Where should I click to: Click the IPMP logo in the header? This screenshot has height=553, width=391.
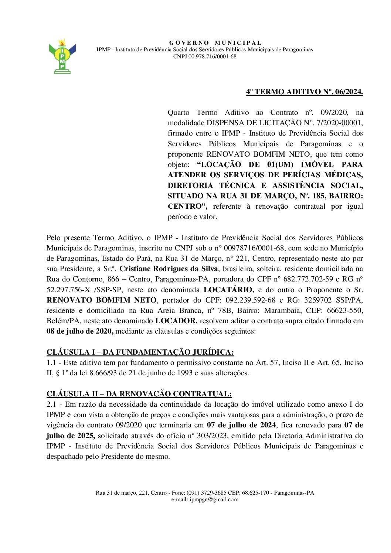pos(62,56)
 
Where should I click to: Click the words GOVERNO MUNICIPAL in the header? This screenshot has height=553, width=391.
pos(215,43)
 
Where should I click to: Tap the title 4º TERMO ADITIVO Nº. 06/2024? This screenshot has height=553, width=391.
pos(305,92)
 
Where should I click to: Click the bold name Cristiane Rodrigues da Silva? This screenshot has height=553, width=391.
pos(169,269)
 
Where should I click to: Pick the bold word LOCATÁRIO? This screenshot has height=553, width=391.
pos(229,290)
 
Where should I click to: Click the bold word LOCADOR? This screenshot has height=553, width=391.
pos(176,321)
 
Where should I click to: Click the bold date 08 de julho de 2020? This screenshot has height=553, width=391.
pos(80,331)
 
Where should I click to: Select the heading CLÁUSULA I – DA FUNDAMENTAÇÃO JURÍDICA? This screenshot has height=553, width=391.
pos(140,352)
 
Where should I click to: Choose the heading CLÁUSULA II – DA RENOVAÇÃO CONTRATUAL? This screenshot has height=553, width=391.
pos(139,394)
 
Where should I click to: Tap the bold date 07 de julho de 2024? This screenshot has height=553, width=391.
pos(241,425)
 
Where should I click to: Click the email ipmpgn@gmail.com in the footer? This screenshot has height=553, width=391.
pos(214,499)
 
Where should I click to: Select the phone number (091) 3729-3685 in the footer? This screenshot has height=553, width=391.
pos(206,493)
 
